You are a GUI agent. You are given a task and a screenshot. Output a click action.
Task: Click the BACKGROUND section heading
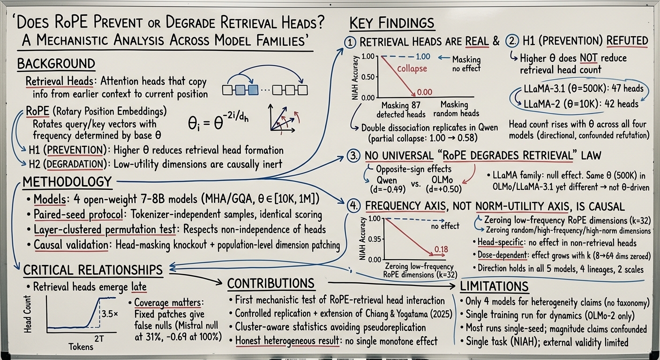(x=56, y=64)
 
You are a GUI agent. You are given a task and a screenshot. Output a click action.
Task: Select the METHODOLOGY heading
(x=67, y=182)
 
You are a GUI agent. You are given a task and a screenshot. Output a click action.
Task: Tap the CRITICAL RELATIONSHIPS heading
(x=93, y=270)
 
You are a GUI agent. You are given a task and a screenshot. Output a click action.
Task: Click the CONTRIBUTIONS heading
(x=271, y=284)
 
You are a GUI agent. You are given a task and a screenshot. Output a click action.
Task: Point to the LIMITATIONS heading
(x=494, y=286)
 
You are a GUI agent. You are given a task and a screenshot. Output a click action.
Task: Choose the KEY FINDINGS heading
(x=391, y=23)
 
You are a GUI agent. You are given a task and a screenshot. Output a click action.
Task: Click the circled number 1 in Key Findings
(x=350, y=43)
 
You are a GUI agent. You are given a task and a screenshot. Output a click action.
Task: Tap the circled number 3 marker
(x=353, y=156)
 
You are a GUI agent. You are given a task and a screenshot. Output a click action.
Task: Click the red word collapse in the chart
(x=412, y=68)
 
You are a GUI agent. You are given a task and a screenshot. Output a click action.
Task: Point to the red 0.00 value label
(x=424, y=92)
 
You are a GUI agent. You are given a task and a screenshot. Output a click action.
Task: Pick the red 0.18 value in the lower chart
(x=441, y=249)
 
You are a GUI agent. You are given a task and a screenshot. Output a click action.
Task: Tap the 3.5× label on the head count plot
(x=110, y=314)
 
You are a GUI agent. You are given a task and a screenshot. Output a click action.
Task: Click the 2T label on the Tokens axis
(x=99, y=339)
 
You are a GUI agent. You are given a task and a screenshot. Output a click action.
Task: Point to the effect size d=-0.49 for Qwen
(x=387, y=189)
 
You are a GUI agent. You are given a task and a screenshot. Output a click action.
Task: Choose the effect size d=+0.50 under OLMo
(x=443, y=189)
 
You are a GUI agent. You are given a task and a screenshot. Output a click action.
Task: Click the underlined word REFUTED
(x=627, y=41)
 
